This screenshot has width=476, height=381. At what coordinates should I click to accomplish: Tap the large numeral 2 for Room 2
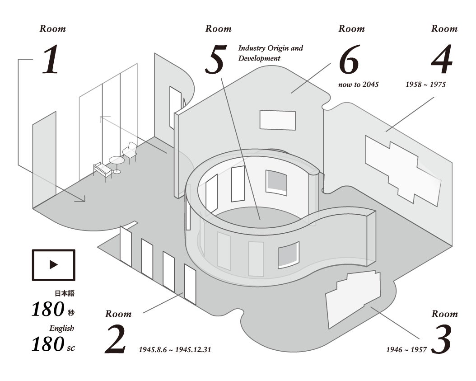tap(115, 339)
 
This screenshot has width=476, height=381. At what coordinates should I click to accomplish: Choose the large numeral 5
tap(216, 60)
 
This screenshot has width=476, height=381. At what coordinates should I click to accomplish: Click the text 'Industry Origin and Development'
tap(271, 53)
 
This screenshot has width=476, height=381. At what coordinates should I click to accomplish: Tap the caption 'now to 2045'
tap(359, 85)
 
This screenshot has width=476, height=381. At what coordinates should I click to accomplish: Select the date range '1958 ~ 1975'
tap(425, 85)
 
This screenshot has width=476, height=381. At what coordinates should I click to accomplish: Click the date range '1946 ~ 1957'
tap(406, 350)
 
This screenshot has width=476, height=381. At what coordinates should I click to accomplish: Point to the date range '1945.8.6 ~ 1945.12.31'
tap(175, 350)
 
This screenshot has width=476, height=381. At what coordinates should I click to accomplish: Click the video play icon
tap(53, 265)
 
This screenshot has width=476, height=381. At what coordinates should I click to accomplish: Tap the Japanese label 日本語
tap(65, 293)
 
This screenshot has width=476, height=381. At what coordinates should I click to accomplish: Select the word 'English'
tap(62, 328)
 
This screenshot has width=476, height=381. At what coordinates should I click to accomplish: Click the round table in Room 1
tap(117, 165)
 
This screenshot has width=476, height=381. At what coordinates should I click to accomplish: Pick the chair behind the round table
tap(130, 152)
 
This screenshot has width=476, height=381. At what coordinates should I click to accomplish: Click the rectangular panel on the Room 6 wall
tap(278, 120)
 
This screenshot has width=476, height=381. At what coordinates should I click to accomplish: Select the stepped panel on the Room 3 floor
tap(353, 299)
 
